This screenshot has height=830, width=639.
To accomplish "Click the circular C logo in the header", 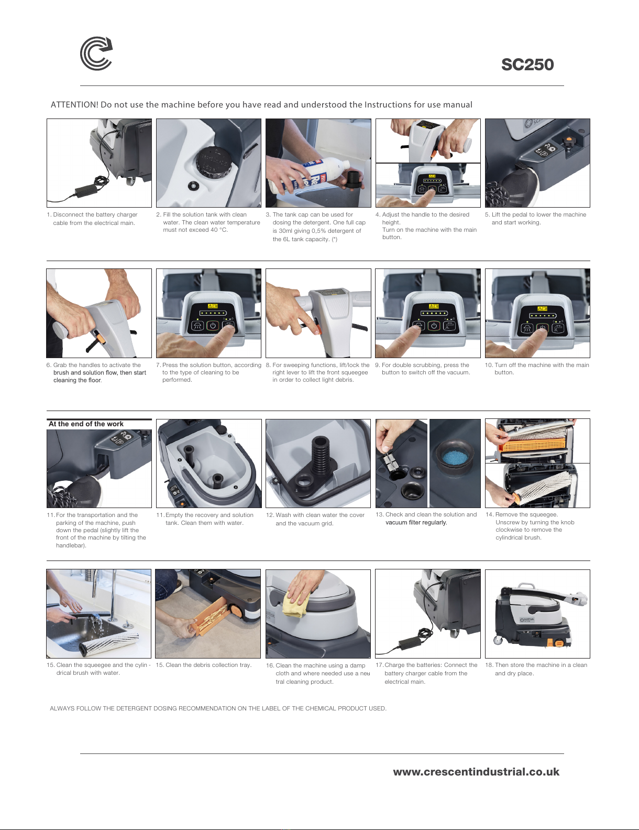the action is [x=96, y=53].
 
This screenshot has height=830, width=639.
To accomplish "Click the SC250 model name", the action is [x=527, y=64].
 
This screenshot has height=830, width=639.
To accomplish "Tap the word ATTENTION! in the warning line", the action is [x=74, y=105].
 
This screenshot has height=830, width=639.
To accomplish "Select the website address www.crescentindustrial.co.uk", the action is [x=476, y=772].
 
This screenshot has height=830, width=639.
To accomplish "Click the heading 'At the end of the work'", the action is [x=86, y=424].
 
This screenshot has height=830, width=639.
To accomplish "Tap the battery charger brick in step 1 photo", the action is [x=86, y=190].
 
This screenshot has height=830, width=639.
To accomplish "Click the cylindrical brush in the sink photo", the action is [x=109, y=643].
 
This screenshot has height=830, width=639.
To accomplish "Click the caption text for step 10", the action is [x=537, y=369].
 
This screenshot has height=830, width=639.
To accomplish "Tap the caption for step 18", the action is [x=536, y=669].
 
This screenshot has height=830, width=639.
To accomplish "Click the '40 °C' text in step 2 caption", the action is [x=219, y=230].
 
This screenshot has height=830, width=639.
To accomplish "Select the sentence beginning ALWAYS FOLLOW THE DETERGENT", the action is [x=218, y=708].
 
